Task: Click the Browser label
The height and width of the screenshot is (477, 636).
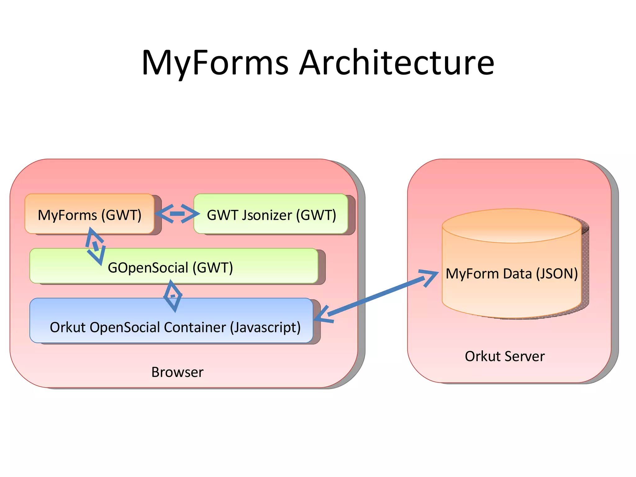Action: click(x=177, y=372)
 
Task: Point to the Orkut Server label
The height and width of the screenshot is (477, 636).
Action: click(x=505, y=356)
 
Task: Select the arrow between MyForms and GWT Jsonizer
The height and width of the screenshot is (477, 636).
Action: click(x=177, y=214)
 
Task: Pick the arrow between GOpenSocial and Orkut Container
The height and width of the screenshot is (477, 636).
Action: click(x=173, y=296)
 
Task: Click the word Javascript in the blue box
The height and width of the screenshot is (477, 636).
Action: click(x=265, y=327)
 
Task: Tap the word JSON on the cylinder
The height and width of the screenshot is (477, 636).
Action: click(x=557, y=274)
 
